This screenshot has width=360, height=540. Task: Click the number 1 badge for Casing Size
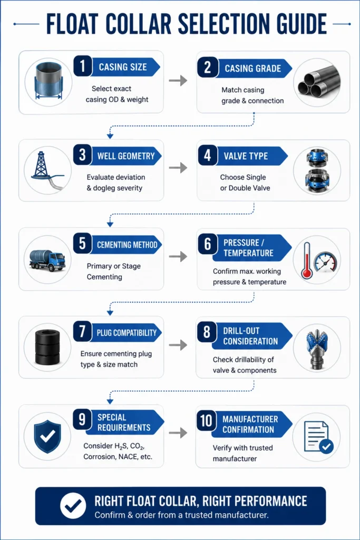pos(83,66)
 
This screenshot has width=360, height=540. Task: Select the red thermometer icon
pos(306,261)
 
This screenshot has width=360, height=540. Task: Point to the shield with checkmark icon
pos(47,436)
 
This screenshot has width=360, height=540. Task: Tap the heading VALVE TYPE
pos(246,156)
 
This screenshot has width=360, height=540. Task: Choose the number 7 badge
pos(82,331)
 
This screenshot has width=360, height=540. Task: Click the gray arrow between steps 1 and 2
pos(178,81)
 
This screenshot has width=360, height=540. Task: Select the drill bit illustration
pos(317,348)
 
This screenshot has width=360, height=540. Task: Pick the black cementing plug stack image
pos(47,347)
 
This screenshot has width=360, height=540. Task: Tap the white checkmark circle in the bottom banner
pos(73,505)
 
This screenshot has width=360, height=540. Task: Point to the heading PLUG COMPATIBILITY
pos(127,333)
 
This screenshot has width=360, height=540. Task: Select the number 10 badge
pos(207,420)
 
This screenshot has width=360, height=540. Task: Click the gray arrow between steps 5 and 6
pos(178,257)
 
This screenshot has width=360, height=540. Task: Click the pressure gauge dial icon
pos(326,263)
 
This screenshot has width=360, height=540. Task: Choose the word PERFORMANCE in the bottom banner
pos(255,501)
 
